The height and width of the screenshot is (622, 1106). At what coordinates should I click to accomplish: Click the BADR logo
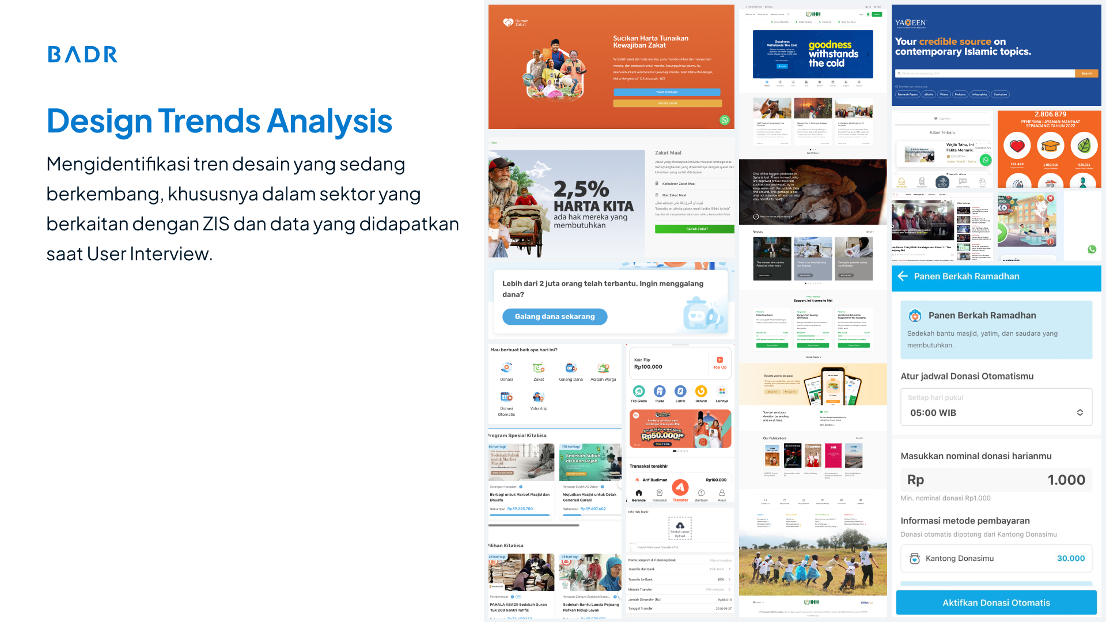tap(82, 54)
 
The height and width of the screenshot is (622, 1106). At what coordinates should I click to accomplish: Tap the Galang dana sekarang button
tap(554, 317)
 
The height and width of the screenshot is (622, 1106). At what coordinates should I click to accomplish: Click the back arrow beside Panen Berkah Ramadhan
tap(903, 276)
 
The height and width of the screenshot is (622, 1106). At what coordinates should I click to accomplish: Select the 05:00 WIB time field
tap(996, 412)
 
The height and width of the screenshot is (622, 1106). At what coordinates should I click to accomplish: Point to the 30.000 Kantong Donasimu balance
tap(1070, 558)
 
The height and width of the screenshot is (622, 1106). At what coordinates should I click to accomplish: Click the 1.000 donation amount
tap(1066, 480)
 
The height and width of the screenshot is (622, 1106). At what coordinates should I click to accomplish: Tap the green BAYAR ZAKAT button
tap(696, 229)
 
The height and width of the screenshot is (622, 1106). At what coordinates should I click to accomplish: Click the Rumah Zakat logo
tap(515, 22)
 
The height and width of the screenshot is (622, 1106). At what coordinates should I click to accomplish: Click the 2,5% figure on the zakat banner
tap(581, 189)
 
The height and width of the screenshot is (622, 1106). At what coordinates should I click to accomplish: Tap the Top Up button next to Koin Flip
tap(719, 363)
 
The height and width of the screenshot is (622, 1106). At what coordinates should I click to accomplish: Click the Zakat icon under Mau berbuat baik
tap(539, 369)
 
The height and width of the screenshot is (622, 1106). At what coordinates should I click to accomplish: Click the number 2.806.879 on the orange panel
tap(1050, 115)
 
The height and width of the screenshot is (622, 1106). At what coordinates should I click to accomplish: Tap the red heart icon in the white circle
tap(1017, 146)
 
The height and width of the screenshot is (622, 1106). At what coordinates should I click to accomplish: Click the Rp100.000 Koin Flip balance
tap(648, 367)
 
